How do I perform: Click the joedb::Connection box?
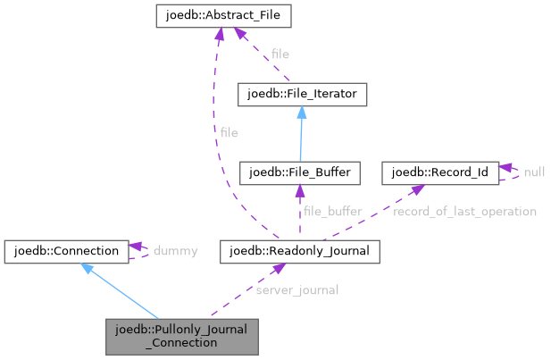click(67, 251)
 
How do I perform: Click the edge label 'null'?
click(535, 172)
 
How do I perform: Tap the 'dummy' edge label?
click(175, 251)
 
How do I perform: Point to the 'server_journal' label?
click(296, 290)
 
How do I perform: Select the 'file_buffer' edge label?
click(332, 212)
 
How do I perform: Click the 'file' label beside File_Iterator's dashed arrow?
click(280, 54)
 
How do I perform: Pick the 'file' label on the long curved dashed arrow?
click(229, 132)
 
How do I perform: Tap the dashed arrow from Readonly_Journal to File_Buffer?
click(301, 211)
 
